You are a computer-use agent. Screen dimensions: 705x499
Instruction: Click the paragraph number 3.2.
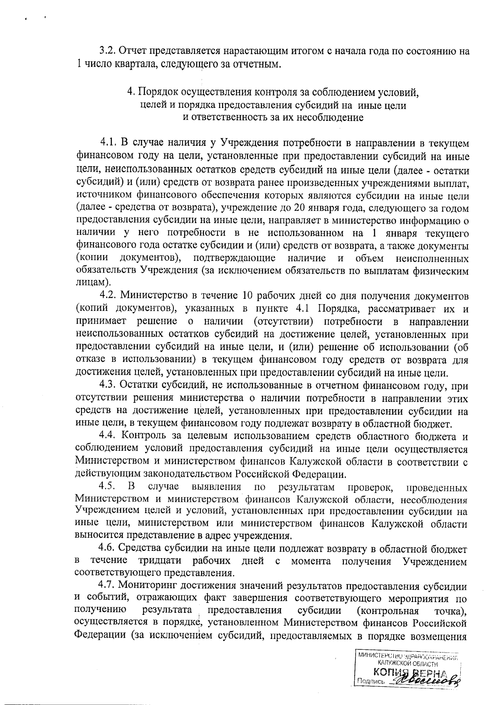click(107, 52)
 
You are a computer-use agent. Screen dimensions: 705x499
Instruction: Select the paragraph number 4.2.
click(107, 296)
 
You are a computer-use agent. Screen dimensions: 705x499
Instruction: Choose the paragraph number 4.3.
click(107, 386)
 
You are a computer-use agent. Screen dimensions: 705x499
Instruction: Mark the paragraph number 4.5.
click(107, 487)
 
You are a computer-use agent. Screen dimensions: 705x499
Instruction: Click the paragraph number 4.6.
click(107, 549)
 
